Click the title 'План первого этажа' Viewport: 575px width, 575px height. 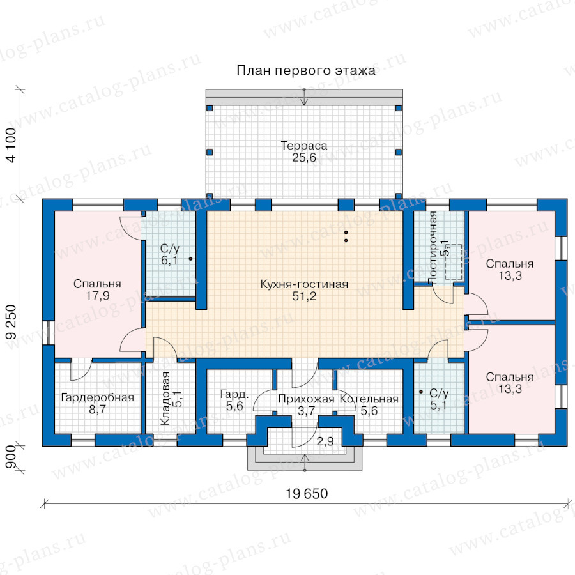click(306, 70)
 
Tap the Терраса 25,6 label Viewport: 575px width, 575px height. click(304, 151)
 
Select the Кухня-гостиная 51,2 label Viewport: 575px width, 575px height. click(304, 290)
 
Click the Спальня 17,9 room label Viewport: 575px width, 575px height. click(97, 289)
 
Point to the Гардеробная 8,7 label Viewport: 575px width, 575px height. click(98, 403)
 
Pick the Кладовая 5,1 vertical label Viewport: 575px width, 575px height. click(172, 398)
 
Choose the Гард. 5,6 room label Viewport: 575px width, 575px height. click(234, 400)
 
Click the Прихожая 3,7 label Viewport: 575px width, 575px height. click(306, 405)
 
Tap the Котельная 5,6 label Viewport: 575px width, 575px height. click(369, 405)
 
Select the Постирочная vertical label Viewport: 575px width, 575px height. click(433, 247)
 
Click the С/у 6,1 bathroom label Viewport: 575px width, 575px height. click(170, 254)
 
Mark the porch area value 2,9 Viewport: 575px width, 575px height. click(325, 441)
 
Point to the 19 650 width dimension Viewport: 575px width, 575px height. click(307, 494)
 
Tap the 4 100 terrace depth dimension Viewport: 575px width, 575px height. click(11, 145)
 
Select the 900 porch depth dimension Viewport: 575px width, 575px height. click(11, 457)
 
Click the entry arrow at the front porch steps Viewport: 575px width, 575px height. click(305, 463)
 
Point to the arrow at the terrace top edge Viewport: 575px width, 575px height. click(304, 97)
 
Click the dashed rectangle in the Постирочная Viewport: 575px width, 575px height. click(454, 262)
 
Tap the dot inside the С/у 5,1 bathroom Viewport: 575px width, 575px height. click(421, 392)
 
